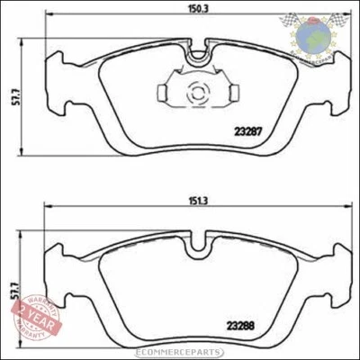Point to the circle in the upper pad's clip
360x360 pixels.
click(198, 92)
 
